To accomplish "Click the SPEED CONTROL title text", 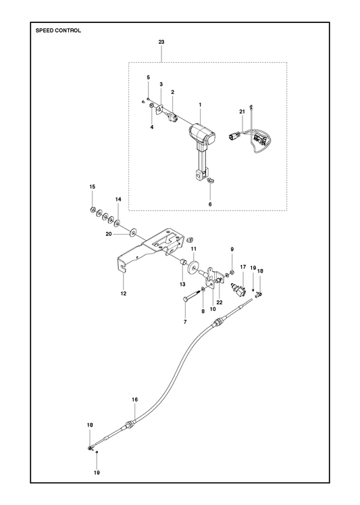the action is click(x=58, y=30).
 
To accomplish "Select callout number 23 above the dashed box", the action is click(x=161, y=42).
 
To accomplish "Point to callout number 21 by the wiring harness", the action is click(x=242, y=112).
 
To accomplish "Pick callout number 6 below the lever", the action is click(x=210, y=204).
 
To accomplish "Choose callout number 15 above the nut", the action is click(x=93, y=187).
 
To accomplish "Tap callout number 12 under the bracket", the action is click(x=124, y=293).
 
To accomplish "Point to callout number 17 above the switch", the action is click(x=243, y=267).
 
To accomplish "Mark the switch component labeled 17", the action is click(x=238, y=289).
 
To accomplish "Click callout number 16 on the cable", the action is click(x=134, y=400).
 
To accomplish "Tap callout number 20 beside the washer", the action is click(x=109, y=234).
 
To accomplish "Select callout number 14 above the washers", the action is click(x=118, y=199).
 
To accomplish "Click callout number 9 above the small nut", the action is click(x=232, y=249).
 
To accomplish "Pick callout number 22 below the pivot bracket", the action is click(x=220, y=302).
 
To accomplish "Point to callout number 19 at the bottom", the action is click(x=97, y=473).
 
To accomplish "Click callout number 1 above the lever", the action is click(x=200, y=105).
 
